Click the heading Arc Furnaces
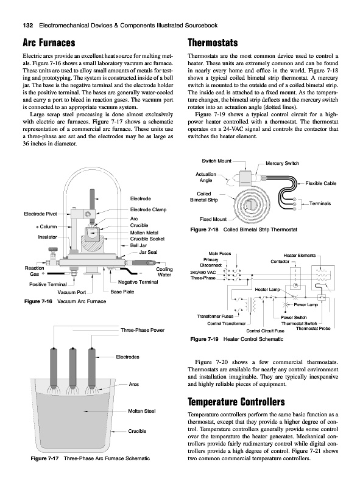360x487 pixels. pos(49,43)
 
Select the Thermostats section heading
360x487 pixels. pos(213,43)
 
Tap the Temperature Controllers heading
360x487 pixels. pos(236,402)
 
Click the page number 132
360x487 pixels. pos(28,26)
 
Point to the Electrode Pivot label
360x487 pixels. pos(40,214)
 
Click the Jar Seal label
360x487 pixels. pos(148,252)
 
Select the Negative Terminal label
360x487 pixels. pos(138,282)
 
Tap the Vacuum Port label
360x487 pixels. pos(72,292)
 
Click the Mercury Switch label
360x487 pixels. pos(282,163)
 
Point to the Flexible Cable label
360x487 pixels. pos(321,184)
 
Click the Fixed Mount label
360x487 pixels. pos(213,219)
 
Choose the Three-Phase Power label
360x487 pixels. pos(143,330)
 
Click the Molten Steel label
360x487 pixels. pos(142,412)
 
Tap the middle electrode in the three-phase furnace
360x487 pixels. pos(72,368)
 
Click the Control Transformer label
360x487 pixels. pos(227,324)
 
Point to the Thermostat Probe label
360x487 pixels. pos(313,328)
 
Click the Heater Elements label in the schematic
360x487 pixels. pos(299,256)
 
